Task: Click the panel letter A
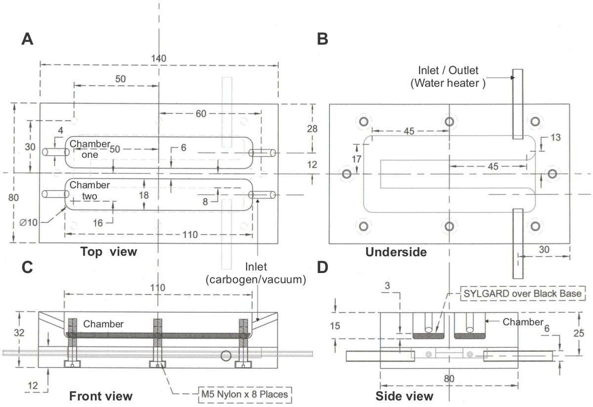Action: pos(27,39)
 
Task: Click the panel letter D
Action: pos(322,267)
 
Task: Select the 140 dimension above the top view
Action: pos(159,58)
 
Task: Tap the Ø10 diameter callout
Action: pos(28,223)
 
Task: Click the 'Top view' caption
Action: pos(109,251)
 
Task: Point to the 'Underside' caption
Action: pos(396,252)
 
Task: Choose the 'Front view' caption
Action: pos(101,396)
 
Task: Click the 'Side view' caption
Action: pos(404,396)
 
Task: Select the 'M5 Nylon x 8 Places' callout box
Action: pos(245,395)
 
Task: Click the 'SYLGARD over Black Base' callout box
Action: pos(523,294)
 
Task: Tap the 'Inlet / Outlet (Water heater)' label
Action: pos(448,77)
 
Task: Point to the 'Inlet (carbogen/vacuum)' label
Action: pos(256,273)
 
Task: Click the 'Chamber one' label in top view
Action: pos(90,149)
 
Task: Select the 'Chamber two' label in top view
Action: pos(89,190)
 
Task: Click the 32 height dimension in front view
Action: pos(19,333)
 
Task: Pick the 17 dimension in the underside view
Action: pos(356,159)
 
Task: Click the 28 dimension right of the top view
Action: pos(312,129)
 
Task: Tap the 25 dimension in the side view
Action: pos(579,333)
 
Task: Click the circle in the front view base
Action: pos(226,356)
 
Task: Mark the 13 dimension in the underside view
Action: pos(555,137)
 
